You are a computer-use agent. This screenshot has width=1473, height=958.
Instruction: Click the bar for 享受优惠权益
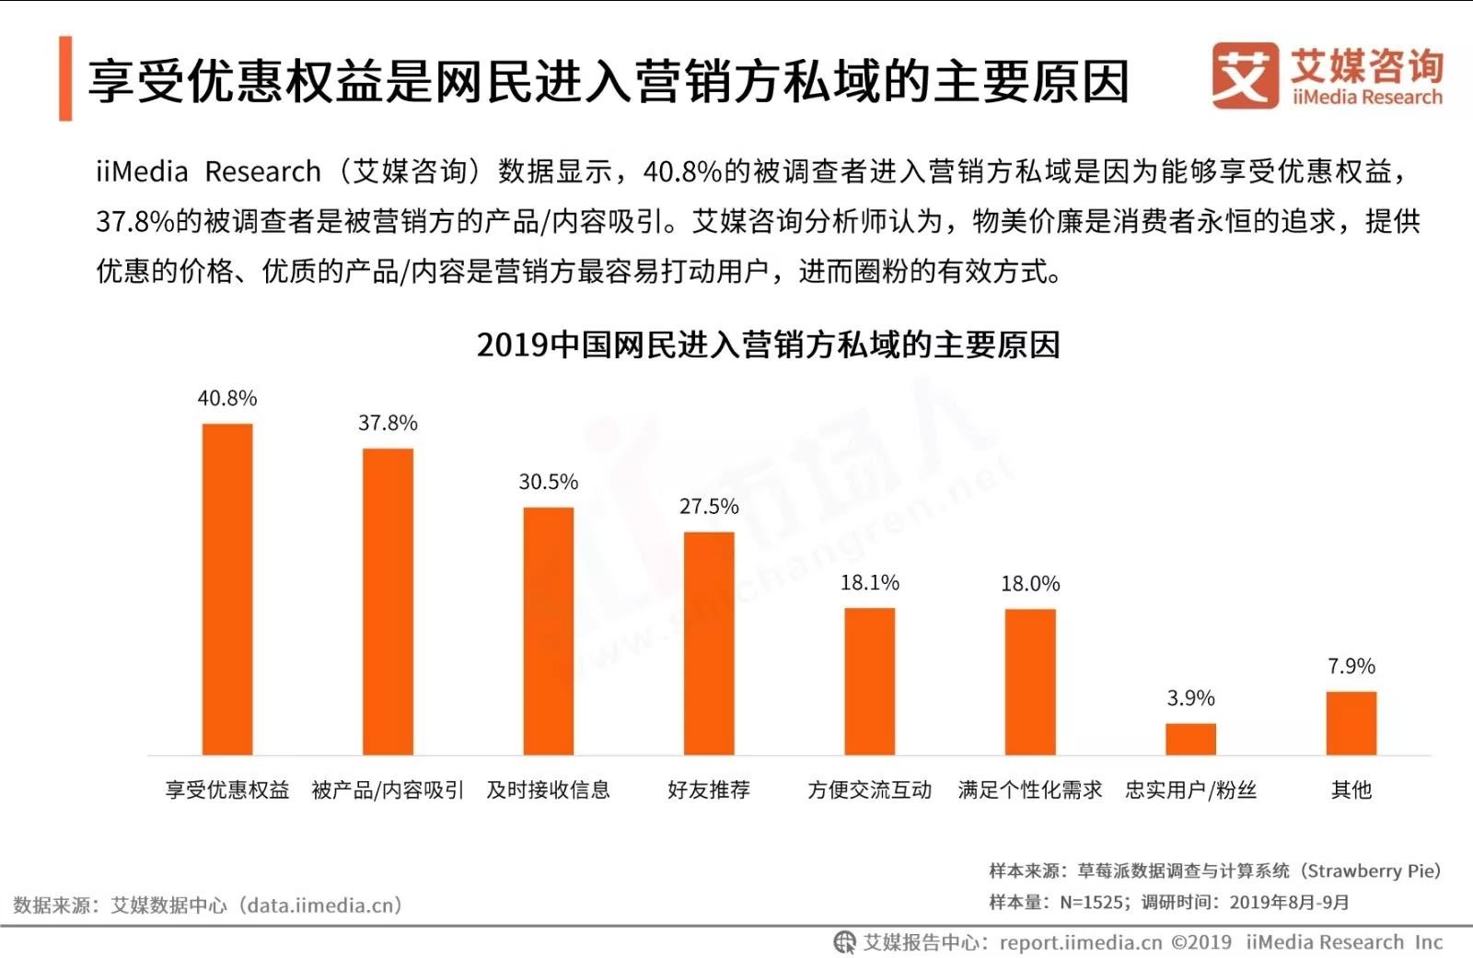(227, 590)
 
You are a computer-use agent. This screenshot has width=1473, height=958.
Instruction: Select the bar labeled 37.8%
(388, 602)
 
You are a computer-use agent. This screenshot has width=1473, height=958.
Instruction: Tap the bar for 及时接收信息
(549, 631)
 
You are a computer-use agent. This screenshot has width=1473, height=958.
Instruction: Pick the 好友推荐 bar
(709, 643)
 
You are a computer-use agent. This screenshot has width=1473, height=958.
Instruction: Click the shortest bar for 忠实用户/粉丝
(1190, 739)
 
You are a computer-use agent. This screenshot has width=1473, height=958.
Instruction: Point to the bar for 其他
(1351, 723)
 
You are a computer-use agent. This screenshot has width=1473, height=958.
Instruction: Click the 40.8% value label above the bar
(227, 398)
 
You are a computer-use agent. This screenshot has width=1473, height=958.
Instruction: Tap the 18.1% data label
(870, 582)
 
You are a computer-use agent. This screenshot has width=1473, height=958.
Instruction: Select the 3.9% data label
(1190, 698)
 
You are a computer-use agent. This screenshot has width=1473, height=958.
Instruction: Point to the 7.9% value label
(1351, 666)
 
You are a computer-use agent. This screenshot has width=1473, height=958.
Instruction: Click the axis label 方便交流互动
(870, 789)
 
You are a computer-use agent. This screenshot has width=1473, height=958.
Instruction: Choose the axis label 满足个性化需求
(1030, 789)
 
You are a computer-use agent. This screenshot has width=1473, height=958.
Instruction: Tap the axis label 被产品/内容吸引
(388, 789)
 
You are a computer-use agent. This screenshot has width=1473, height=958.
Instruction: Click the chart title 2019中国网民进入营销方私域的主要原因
(769, 345)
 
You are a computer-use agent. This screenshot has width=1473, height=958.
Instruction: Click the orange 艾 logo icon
(1245, 76)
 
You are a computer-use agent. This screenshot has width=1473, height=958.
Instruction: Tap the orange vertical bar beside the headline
(65, 78)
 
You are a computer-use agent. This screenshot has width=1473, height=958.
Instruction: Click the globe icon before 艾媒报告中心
(844, 941)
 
